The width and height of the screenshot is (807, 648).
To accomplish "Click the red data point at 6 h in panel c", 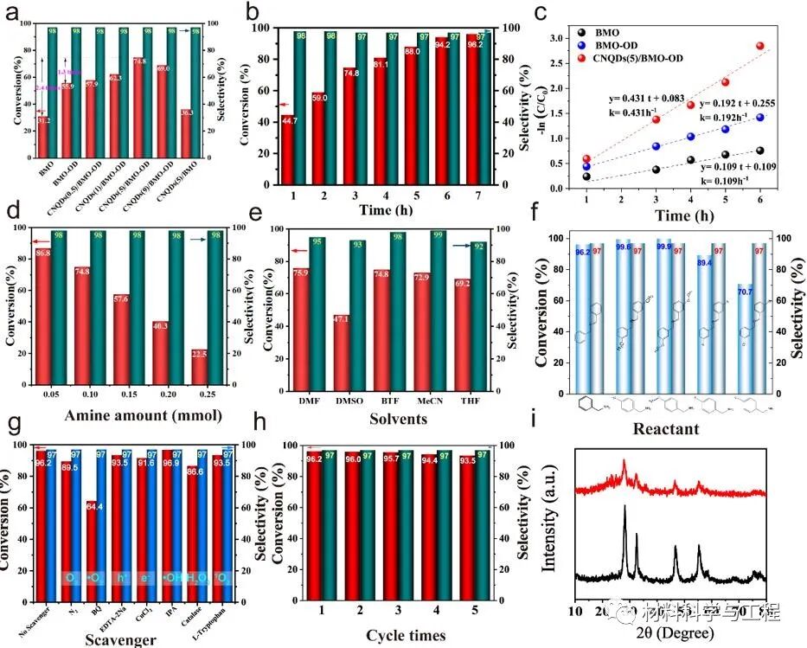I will pos(760,46).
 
